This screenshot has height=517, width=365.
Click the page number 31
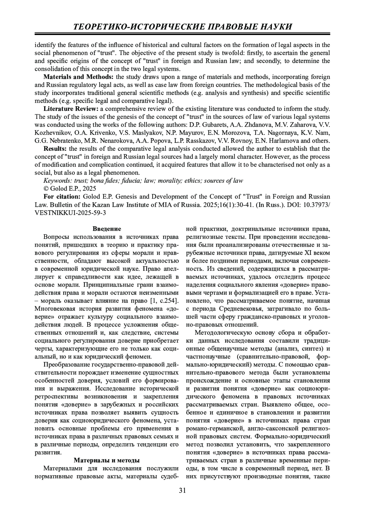(x=182, y=490)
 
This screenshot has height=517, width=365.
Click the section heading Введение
(x=107, y=229)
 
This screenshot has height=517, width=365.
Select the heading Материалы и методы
(x=107, y=460)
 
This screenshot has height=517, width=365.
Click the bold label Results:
(x=55, y=149)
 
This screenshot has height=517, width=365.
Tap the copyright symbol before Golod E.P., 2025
(x=46, y=189)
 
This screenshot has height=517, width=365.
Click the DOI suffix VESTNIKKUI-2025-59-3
(x=70, y=213)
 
